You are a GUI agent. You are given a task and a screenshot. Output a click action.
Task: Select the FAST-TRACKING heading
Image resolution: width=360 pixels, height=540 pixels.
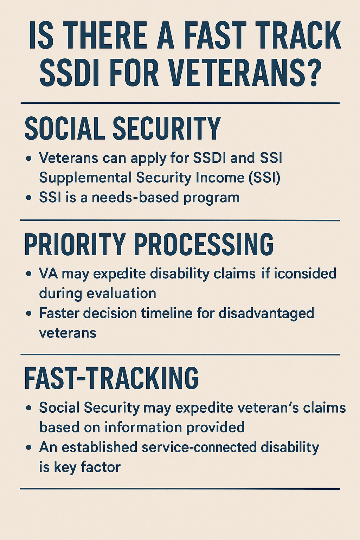111,378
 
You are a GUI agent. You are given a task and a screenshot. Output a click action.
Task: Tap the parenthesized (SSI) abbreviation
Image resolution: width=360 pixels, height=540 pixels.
264,178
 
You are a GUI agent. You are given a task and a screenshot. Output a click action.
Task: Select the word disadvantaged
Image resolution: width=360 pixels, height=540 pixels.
266,313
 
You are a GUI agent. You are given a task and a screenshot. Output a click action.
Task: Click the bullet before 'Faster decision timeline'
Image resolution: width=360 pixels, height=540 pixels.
29,314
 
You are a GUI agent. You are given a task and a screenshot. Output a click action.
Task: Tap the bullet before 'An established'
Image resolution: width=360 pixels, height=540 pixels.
29,448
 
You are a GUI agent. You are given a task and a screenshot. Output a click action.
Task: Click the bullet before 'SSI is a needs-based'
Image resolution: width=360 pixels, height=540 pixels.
29,198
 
